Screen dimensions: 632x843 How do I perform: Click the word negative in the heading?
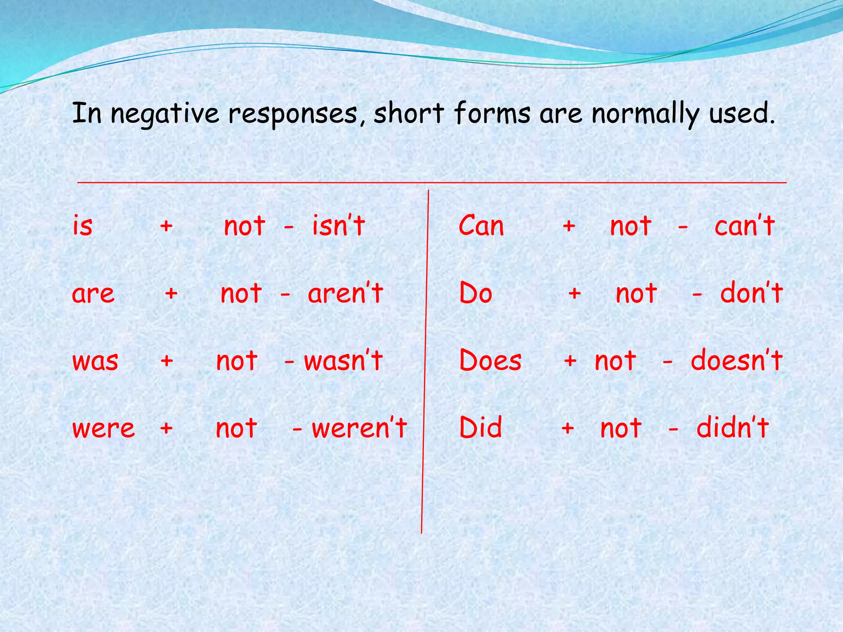coord(165,114)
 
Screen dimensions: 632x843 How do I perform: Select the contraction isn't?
coord(338,226)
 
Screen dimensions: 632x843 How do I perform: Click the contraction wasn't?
coord(343,360)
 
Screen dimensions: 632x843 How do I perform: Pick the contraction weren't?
coord(359,428)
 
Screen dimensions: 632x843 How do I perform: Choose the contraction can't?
coord(745,226)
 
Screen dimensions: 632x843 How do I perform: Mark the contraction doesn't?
coord(736,360)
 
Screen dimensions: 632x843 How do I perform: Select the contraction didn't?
coord(733,428)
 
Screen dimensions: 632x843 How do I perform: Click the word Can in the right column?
coord(481,226)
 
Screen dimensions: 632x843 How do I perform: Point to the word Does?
coord(490,360)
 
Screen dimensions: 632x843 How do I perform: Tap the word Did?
coord(481,428)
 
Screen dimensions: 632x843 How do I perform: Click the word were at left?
coord(104,428)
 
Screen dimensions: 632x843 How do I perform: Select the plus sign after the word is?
coord(166,226)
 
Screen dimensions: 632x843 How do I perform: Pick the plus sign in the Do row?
coord(575,293)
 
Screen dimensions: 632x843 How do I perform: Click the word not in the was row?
coord(237,361)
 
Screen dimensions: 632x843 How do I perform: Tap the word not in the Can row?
coord(631,226)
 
